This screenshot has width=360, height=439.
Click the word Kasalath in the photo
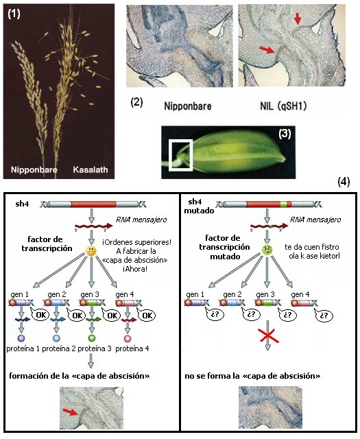[90, 169]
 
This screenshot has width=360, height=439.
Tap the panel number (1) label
[14, 13]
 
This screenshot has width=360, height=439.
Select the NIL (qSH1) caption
[283, 106]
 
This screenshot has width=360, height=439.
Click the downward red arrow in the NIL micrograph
[298, 19]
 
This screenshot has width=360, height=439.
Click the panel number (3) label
[285, 134]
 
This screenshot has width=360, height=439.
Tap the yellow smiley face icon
[91, 251]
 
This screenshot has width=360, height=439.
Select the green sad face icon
[267, 250]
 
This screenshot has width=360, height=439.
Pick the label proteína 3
[95, 349]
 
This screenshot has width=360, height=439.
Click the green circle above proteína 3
[91, 338]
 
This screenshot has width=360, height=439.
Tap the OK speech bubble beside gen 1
[40, 315]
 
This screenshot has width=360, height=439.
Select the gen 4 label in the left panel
[125, 294]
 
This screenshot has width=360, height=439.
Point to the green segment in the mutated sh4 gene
[283, 204]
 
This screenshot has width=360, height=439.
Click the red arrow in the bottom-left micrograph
[70, 412]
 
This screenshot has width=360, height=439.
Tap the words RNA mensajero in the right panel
[315, 219]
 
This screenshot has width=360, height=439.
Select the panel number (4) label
[344, 182]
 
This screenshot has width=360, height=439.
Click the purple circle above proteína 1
[21, 338]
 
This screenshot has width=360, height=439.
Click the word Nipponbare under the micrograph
[188, 106]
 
